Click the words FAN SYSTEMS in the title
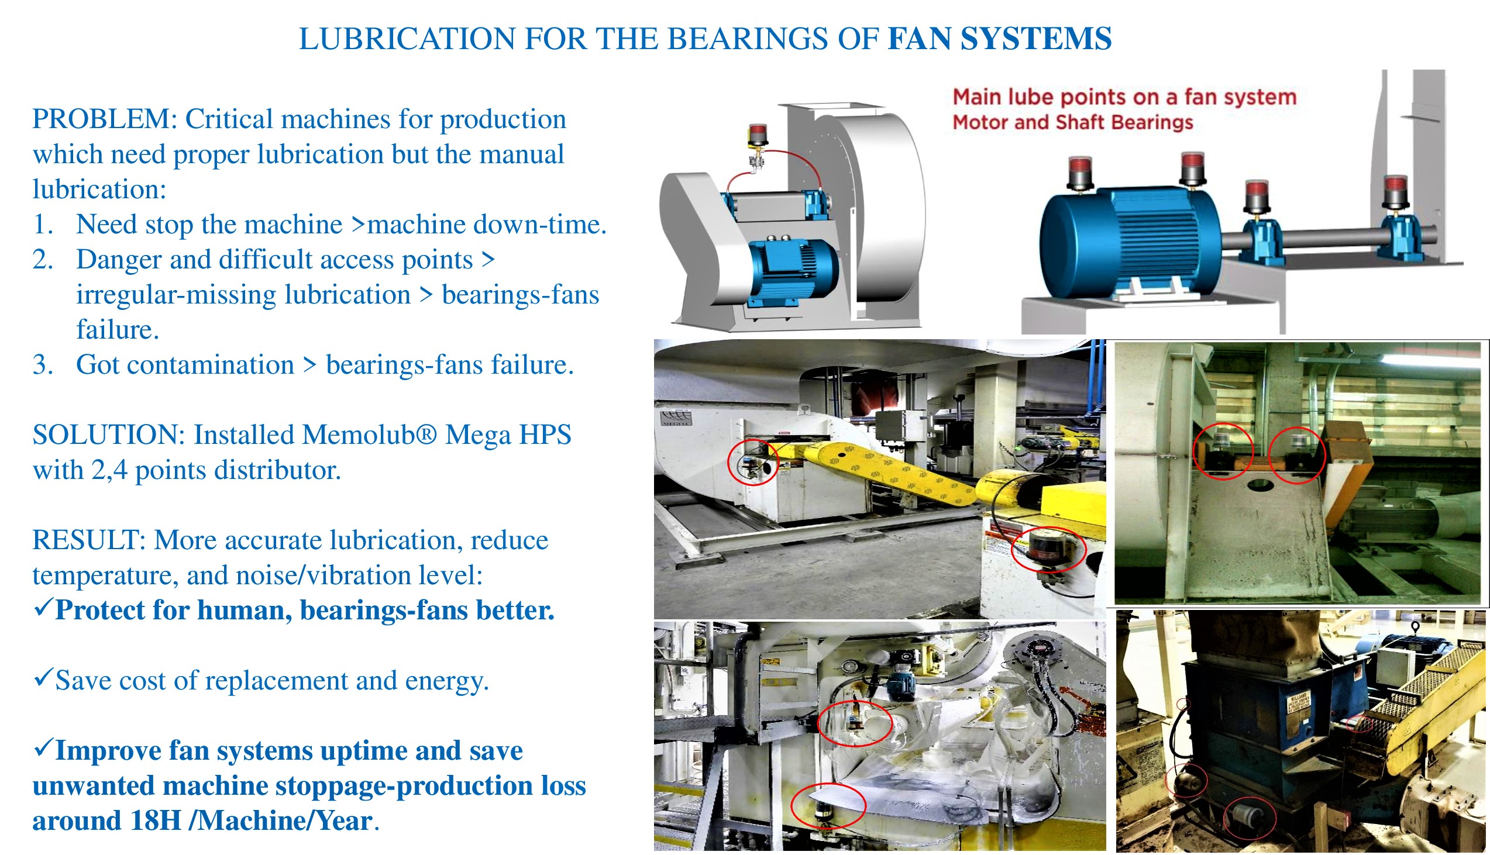(x=1000, y=39)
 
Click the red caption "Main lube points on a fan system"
(x=1124, y=97)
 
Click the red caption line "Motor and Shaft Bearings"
(x=1072, y=122)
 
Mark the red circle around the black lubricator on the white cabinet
(x=1049, y=550)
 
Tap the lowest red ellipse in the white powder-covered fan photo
(x=828, y=806)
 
